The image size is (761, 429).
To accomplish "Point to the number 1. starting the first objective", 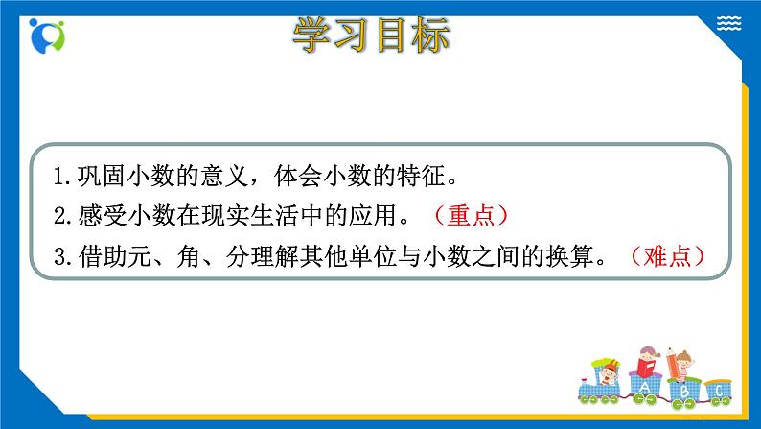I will click(63, 177).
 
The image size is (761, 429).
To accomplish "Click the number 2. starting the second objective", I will click(63, 217).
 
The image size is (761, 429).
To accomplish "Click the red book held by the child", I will click(648, 366).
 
